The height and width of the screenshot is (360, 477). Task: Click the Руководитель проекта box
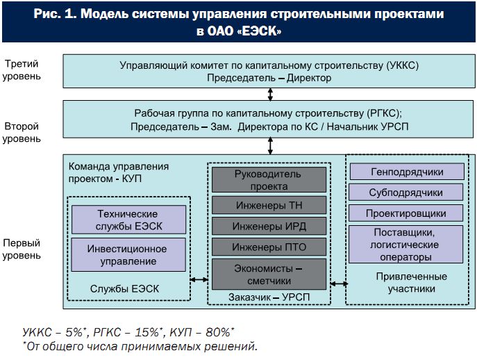269,180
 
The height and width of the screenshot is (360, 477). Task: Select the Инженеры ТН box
269,205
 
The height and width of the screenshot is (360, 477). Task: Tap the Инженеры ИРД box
269,226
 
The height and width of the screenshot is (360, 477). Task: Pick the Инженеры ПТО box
269,247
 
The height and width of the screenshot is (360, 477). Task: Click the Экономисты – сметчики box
269,274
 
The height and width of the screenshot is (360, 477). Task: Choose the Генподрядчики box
407,172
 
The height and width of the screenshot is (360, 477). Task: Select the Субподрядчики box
405,192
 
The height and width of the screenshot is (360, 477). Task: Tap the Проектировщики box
405,213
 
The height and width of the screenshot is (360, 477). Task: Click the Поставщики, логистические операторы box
405,244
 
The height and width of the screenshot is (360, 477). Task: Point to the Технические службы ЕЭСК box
128,220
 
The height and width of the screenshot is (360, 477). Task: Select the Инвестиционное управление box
128,254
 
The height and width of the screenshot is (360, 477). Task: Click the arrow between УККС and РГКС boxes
270,95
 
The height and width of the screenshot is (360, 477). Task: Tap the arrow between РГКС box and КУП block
270,146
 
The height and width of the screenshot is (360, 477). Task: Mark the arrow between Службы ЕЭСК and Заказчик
199,279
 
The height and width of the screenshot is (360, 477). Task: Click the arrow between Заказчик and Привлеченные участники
339,284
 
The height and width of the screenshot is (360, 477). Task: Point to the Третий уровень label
22,69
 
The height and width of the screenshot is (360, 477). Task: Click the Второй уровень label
22,132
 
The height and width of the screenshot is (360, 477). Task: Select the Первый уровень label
22,249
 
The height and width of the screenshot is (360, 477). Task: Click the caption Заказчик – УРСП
269,297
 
